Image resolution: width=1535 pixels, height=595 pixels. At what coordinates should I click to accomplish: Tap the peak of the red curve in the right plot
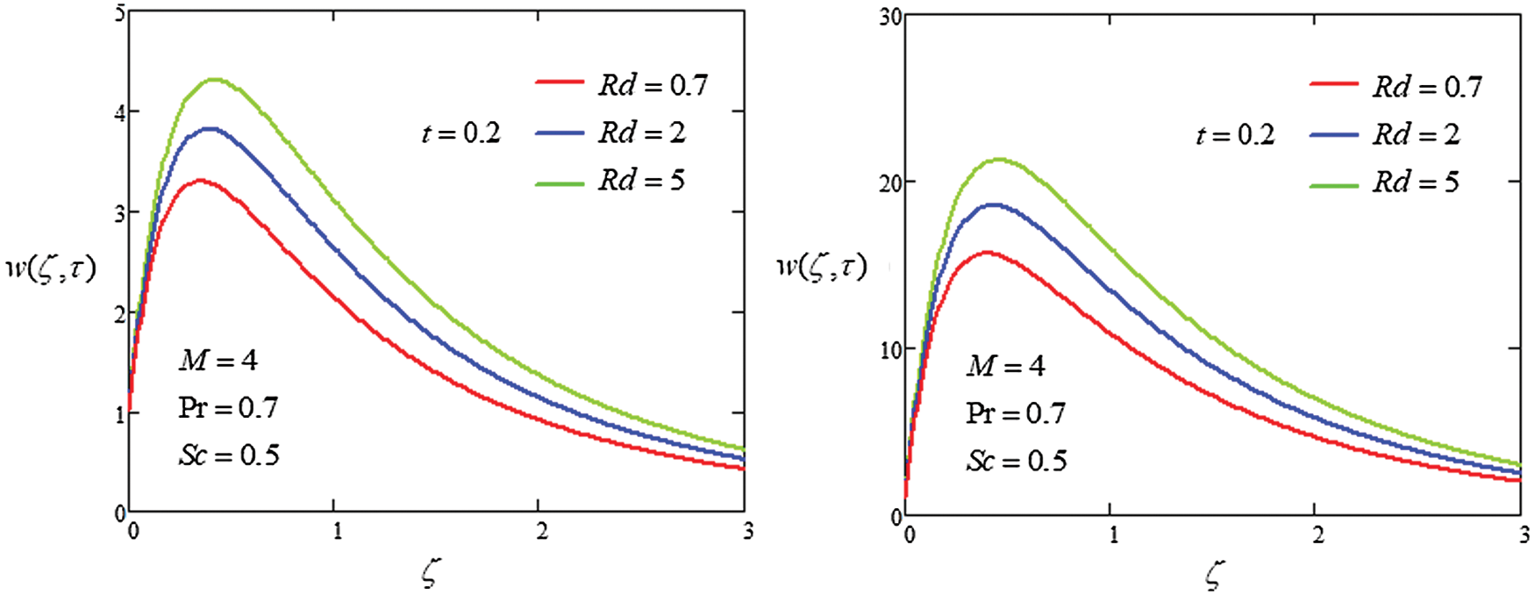(987, 253)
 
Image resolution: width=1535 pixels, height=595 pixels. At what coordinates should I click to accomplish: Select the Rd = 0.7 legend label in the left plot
(653, 85)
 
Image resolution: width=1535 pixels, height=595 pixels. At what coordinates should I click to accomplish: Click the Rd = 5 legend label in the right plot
(1416, 182)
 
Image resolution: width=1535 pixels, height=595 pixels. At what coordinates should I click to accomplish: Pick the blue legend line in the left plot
(560, 133)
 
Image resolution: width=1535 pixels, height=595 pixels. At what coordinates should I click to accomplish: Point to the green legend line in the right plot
(1334, 184)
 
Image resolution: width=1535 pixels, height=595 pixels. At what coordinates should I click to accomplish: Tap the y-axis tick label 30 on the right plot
(891, 18)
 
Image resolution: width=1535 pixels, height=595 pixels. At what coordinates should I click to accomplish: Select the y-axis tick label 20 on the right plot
(891, 183)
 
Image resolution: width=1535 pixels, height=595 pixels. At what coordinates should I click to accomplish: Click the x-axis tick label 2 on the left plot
(542, 531)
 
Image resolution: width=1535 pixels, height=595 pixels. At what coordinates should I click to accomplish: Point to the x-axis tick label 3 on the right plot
(1524, 534)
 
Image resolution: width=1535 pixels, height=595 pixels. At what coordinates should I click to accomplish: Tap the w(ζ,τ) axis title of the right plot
(822, 266)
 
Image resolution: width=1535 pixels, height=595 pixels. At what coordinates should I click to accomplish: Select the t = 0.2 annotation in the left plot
(460, 133)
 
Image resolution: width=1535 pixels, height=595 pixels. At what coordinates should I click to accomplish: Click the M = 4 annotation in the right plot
(1005, 365)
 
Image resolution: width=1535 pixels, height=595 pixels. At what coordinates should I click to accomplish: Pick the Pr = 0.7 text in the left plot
(228, 407)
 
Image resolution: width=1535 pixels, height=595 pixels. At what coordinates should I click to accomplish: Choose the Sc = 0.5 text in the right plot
(1017, 461)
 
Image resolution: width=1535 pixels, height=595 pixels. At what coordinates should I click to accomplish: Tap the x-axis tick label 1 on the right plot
(1113, 534)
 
